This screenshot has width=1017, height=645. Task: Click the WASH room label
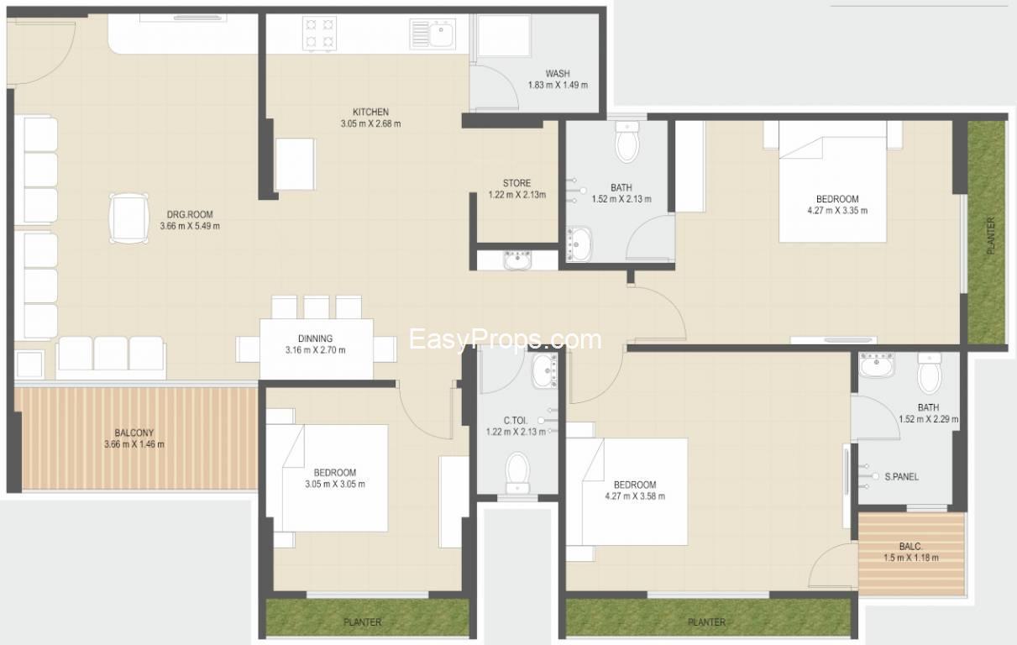(558, 74)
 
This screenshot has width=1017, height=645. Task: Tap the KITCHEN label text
(370, 112)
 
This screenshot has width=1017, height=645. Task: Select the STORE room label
(516, 183)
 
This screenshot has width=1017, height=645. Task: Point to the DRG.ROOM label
(190, 214)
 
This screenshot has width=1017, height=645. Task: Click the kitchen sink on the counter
(432, 34)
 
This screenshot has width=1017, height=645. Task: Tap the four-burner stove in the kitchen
(320, 34)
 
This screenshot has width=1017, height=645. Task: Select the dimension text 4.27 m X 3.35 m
(837, 211)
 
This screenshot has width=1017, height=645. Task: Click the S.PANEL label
(901, 476)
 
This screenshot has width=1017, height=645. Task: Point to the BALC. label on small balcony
(910, 546)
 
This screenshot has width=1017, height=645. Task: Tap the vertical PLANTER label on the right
(991, 235)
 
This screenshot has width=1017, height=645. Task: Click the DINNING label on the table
(315, 338)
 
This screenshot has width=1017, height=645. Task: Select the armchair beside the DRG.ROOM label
(129, 219)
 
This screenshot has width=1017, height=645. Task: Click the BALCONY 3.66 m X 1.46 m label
(134, 438)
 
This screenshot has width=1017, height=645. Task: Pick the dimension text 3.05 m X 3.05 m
(335, 484)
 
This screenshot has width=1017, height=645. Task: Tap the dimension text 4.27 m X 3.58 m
(635, 496)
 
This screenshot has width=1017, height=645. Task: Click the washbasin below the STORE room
(517, 260)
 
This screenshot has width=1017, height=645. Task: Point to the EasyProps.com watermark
(506, 339)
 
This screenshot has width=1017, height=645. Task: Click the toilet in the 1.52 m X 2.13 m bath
(627, 142)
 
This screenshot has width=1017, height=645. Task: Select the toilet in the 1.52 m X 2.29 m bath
(930, 373)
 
